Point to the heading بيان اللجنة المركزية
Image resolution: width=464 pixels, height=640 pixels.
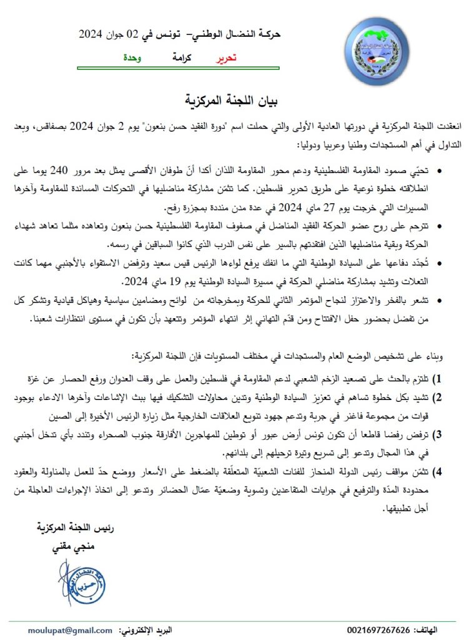point(232,101)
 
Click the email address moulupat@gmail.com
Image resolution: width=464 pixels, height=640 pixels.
point(70,630)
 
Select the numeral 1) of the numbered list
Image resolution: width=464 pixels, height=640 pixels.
point(438,379)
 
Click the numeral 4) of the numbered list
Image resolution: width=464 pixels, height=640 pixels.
point(438,471)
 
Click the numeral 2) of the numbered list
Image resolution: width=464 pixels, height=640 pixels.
point(438,397)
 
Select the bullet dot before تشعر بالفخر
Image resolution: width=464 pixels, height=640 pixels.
point(440,301)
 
